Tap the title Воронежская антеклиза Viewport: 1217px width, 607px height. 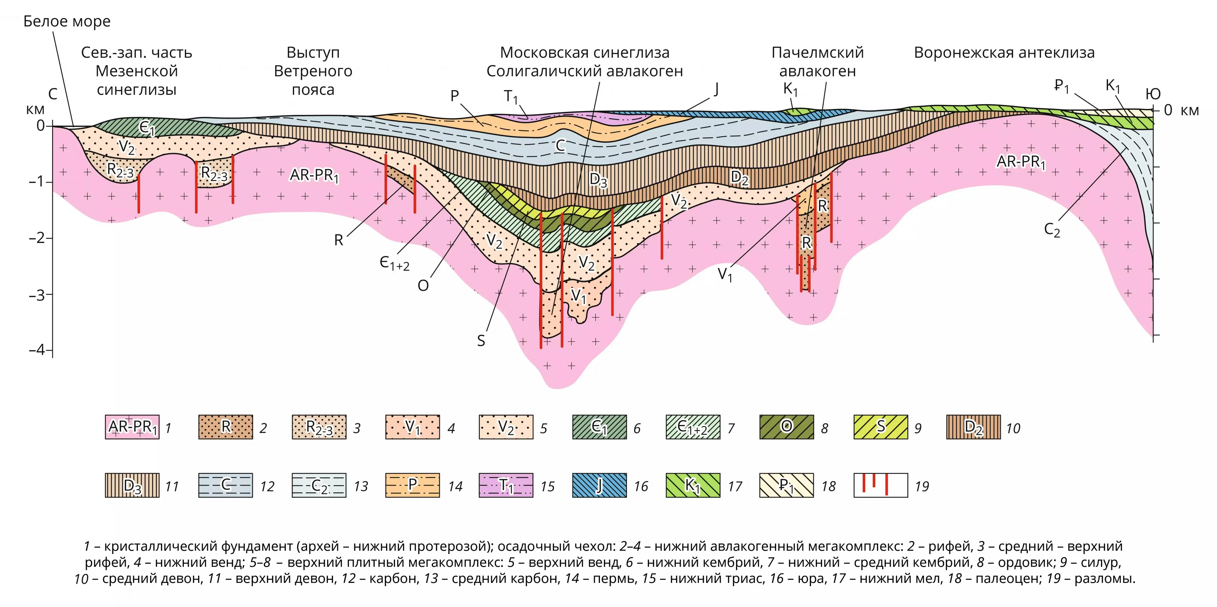(x=1004, y=52)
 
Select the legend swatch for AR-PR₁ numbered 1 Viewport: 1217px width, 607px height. (x=132, y=427)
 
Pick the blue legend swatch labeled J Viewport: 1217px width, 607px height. (x=599, y=485)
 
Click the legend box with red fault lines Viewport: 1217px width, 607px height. (x=881, y=485)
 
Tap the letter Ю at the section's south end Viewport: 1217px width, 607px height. (x=1153, y=94)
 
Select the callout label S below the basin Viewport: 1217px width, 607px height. (x=481, y=340)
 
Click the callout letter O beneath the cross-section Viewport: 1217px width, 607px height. (x=423, y=285)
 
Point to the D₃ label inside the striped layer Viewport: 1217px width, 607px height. (x=598, y=179)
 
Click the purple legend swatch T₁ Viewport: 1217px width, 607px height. (x=506, y=485)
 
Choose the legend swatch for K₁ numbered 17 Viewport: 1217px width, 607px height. (x=693, y=485)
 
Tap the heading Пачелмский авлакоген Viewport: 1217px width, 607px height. (x=817, y=61)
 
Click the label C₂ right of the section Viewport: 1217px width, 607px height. (x=1052, y=230)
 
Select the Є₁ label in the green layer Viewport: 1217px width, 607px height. (x=147, y=127)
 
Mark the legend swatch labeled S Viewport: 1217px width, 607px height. (x=881, y=427)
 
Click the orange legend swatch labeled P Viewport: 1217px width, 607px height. (x=412, y=485)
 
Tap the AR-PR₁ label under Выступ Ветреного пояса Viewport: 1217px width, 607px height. (x=314, y=176)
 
